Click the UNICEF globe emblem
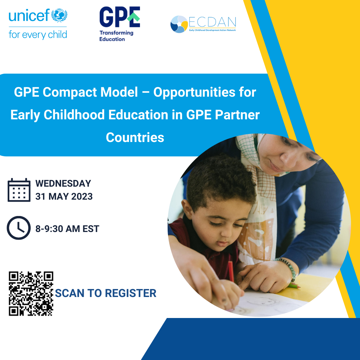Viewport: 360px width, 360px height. (59, 15)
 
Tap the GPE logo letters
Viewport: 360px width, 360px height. (120, 17)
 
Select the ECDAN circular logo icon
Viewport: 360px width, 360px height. (179, 24)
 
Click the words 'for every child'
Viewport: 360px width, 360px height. (38, 35)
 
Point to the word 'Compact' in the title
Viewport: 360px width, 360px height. (70, 92)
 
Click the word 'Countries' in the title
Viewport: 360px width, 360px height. (135, 137)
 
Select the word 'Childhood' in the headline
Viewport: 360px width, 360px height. (74, 115)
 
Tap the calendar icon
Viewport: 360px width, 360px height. (19, 190)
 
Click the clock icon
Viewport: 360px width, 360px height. (19, 228)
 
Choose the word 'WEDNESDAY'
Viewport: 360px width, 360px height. (63, 183)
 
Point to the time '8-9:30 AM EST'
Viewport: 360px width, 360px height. (67, 229)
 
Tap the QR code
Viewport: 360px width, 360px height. (31, 294)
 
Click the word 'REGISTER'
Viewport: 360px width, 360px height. (131, 293)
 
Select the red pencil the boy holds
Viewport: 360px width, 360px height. (231, 271)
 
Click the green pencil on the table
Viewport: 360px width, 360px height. (294, 286)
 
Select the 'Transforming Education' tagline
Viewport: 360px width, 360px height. (116, 36)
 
